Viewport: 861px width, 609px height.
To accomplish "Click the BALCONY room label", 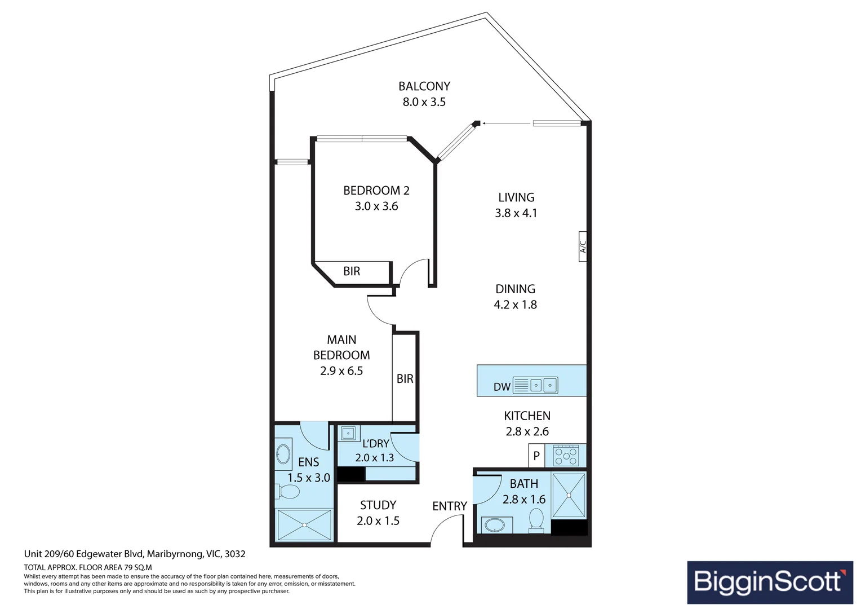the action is pyautogui.click(x=424, y=86).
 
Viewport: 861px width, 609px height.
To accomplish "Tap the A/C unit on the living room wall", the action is pyautogui.click(x=582, y=246).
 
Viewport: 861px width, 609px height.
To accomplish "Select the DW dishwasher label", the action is pyautogui.click(x=501, y=387).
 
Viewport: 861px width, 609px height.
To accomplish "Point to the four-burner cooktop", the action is pyautogui.click(x=566, y=456).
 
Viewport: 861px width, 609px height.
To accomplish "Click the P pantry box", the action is pyautogui.click(x=536, y=456).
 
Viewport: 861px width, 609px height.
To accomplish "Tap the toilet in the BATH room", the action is pyautogui.click(x=536, y=520).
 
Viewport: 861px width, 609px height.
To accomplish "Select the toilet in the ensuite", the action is pyautogui.click(x=287, y=491).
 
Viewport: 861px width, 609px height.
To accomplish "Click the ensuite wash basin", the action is pyautogui.click(x=283, y=454).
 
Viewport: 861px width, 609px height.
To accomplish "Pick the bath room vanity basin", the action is pyautogui.click(x=496, y=525).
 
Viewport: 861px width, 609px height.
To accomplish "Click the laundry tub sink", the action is pyautogui.click(x=348, y=434).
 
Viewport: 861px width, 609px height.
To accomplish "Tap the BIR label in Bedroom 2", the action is pyautogui.click(x=352, y=271).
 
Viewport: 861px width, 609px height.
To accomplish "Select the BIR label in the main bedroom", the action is pyautogui.click(x=405, y=379).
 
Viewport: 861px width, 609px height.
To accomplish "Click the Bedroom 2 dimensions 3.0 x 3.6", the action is pyautogui.click(x=376, y=206).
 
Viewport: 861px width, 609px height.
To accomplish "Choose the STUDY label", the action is pyautogui.click(x=378, y=505).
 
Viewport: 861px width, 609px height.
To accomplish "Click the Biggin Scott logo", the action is pyautogui.click(x=770, y=582).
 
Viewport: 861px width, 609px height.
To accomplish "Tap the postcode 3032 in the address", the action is pyautogui.click(x=235, y=554).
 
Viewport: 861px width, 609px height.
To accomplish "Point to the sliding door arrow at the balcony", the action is pyautogui.click(x=507, y=123).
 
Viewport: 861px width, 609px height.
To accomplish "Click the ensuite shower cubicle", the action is pyautogui.click(x=304, y=525).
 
